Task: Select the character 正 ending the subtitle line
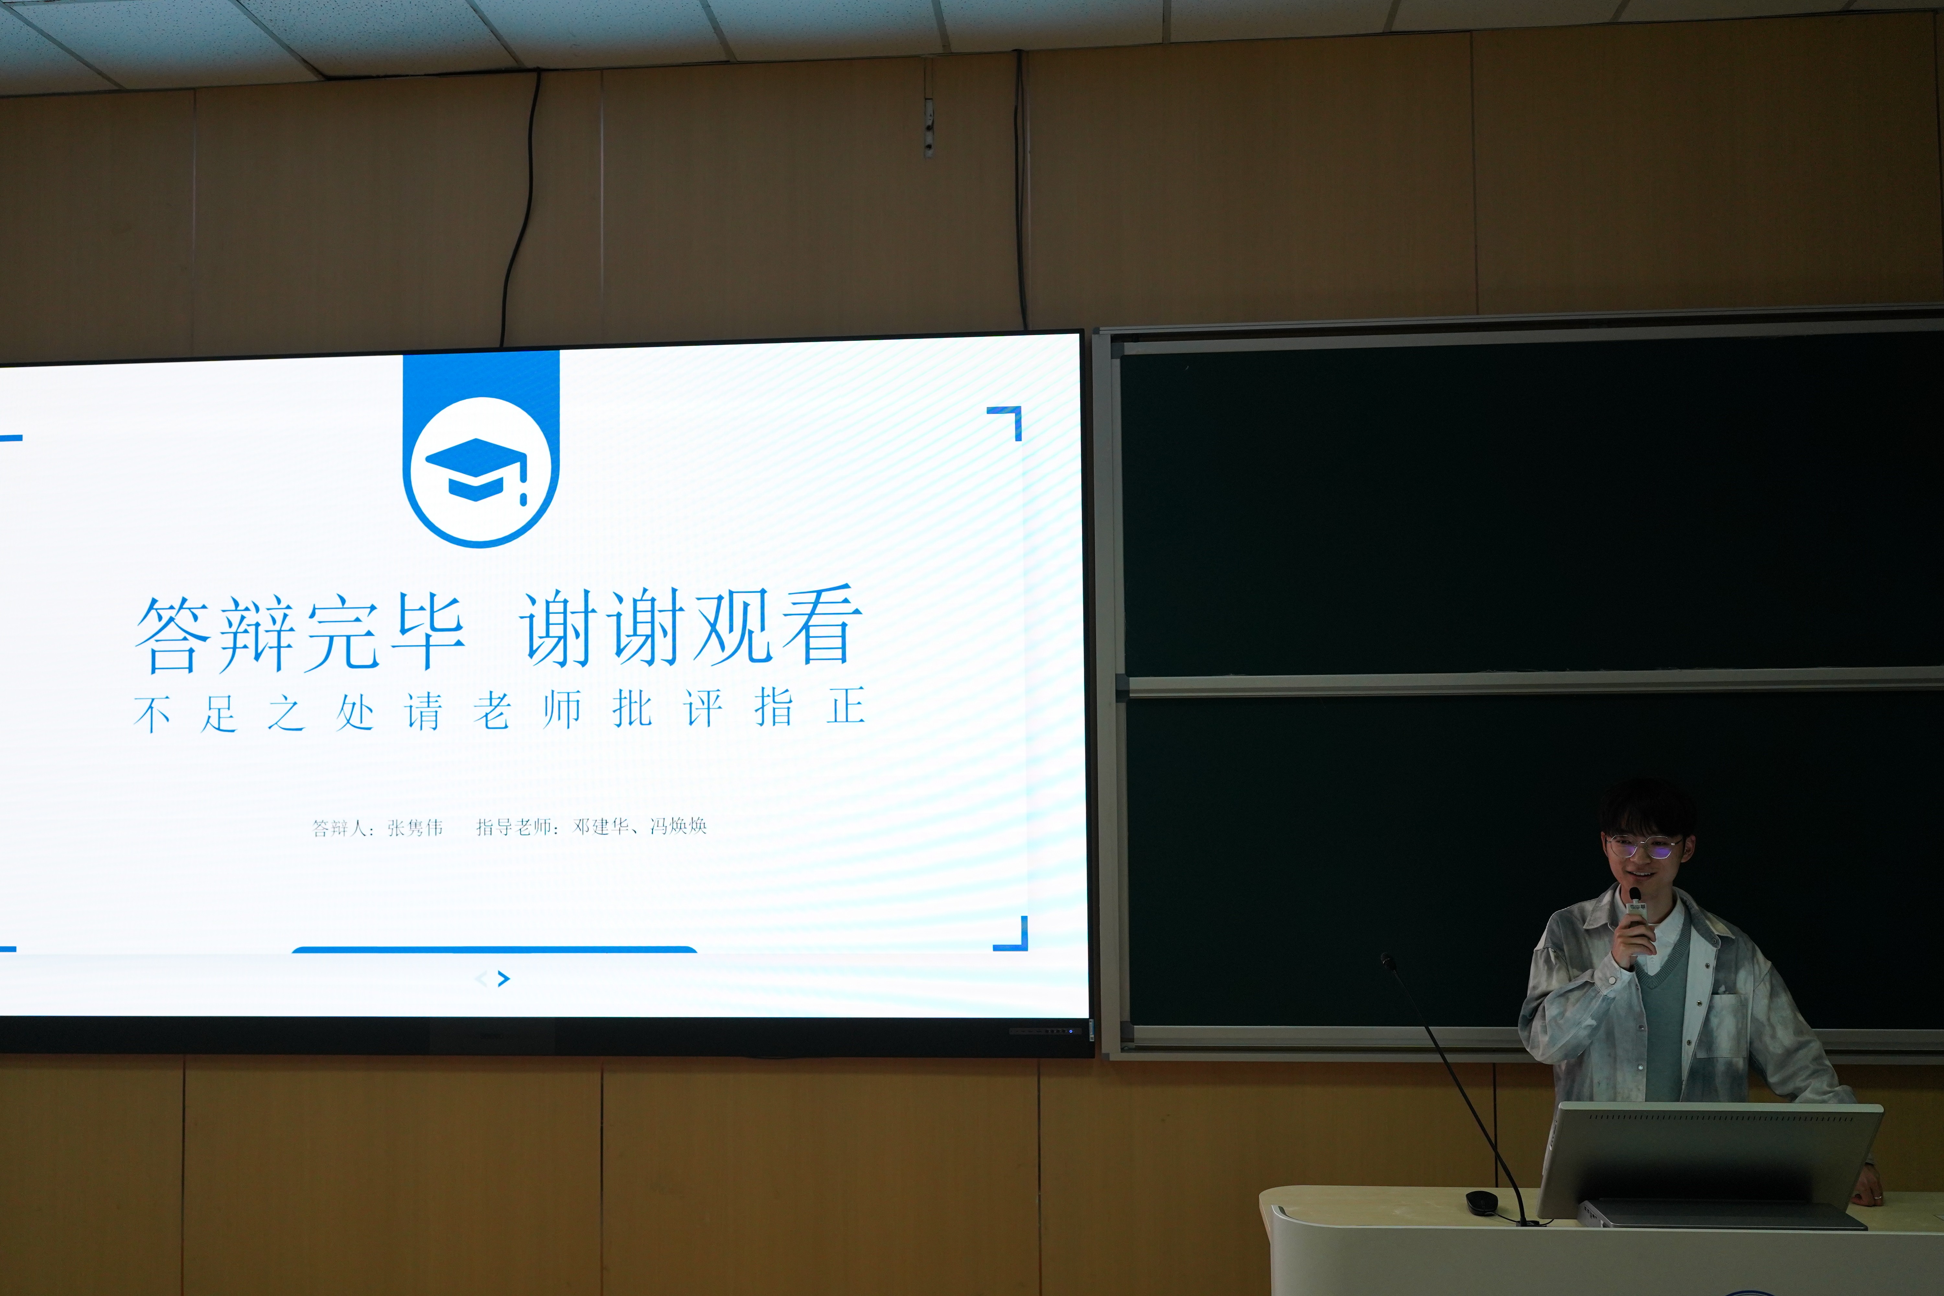845,707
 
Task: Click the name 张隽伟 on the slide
415,827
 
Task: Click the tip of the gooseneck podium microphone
1387,960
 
